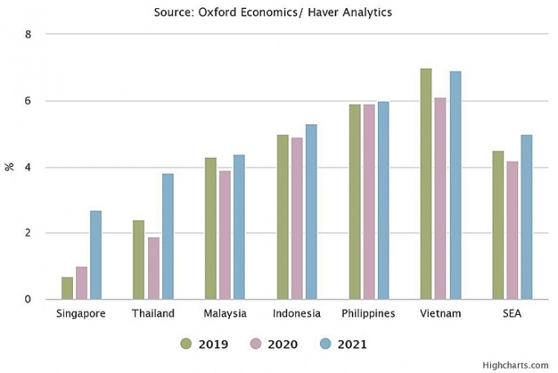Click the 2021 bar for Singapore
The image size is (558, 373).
click(x=96, y=255)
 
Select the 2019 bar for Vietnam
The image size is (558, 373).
click(x=426, y=184)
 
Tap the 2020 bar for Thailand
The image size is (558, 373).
click(x=153, y=268)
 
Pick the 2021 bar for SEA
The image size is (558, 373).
click(x=527, y=217)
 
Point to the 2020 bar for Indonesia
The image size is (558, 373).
click(x=297, y=218)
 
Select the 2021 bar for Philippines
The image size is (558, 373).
click(x=383, y=200)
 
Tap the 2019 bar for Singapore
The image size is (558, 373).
click(x=67, y=288)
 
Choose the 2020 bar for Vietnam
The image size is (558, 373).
click(x=441, y=199)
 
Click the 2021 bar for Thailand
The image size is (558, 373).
click(x=168, y=236)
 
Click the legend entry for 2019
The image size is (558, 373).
click(x=205, y=344)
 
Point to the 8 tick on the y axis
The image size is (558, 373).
click(x=28, y=35)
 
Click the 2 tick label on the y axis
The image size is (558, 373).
click(x=28, y=233)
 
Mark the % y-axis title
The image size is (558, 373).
click(x=10, y=167)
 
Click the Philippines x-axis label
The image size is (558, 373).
click(x=368, y=314)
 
